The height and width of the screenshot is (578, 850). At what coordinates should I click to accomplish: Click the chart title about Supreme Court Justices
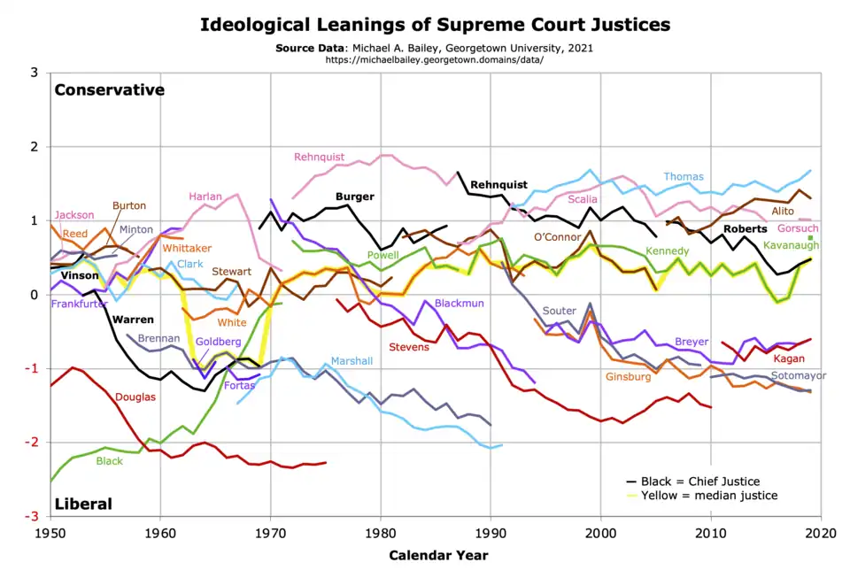click(435, 24)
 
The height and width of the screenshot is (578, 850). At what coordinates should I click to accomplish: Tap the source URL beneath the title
click(434, 59)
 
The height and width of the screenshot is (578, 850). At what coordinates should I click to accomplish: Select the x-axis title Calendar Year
click(437, 556)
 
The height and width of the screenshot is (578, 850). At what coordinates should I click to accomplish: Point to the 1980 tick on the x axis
click(381, 535)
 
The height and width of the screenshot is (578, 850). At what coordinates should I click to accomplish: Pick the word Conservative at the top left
click(110, 89)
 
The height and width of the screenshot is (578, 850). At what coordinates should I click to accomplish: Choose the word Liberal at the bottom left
click(83, 504)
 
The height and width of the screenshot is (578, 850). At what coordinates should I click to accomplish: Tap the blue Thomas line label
click(684, 177)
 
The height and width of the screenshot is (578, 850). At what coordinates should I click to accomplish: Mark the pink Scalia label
click(582, 200)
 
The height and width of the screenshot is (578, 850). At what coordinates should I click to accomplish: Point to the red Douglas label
click(135, 397)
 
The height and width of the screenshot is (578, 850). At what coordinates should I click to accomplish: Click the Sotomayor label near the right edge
click(798, 375)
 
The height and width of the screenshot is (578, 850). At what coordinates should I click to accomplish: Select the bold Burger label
click(354, 197)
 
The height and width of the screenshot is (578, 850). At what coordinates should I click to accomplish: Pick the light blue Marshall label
click(352, 361)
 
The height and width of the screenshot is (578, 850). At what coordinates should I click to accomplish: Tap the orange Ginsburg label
click(628, 377)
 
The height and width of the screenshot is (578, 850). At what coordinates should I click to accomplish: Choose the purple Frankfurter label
click(80, 304)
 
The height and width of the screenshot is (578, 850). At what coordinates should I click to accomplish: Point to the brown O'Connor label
click(557, 237)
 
